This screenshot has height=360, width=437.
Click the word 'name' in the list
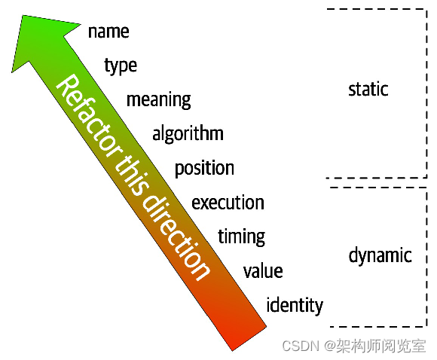(x=108, y=32)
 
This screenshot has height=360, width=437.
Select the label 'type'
(x=121, y=66)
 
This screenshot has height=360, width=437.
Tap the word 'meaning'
(x=158, y=99)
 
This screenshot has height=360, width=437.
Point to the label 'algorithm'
(x=188, y=134)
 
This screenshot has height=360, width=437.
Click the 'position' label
(x=204, y=168)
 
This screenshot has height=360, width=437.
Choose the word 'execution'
(x=228, y=203)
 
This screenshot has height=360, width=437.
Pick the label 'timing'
(x=241, y=236)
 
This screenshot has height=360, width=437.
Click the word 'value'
(x=263, y=271)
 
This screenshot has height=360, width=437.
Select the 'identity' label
(x=295, y=305)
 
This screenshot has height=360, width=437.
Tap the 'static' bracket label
(x=368, y=90)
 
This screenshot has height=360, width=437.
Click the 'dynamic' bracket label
(x=380, y=255)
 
